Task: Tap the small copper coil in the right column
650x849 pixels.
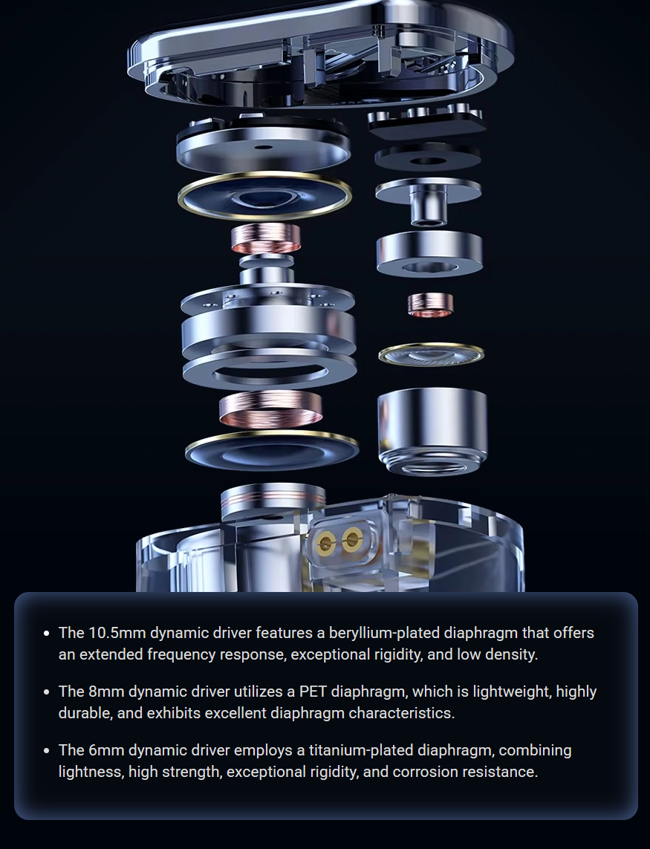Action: tap(430, 305)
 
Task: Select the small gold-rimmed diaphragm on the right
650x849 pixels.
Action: tap(431, 354)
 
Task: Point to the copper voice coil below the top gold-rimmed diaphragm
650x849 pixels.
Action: tap(266, 238)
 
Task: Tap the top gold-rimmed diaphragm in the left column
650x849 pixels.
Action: tap(264, 198)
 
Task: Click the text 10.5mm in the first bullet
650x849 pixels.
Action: tap(117, 632)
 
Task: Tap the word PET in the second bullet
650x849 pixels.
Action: tap(313, 692)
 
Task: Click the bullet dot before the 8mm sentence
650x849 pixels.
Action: tap(47, 692)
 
